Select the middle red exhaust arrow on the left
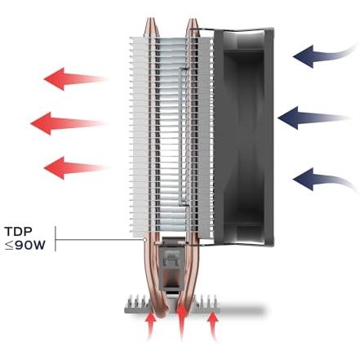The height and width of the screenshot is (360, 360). [x=67, y=123]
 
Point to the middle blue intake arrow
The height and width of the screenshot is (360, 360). [x=313, y=118]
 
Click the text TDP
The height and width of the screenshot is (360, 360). [x=19, y=232]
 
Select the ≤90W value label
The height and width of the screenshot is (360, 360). [x=25, y=246]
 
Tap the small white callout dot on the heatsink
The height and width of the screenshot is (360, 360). [x=144, y=240]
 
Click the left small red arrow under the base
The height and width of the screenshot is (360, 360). [x=150, y=325]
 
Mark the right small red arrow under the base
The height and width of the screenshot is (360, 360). [x=213, y=325]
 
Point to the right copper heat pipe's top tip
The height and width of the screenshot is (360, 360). [x=193, y=20]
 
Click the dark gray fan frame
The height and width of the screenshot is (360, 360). [x=243, y=136]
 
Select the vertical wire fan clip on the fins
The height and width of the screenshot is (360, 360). [x=180, y=136]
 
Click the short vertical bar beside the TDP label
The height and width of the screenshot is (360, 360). [x=56, y=239]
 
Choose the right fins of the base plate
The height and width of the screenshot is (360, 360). [x=208, y=303]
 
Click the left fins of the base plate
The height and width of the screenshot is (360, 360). [x=137, y=303]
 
